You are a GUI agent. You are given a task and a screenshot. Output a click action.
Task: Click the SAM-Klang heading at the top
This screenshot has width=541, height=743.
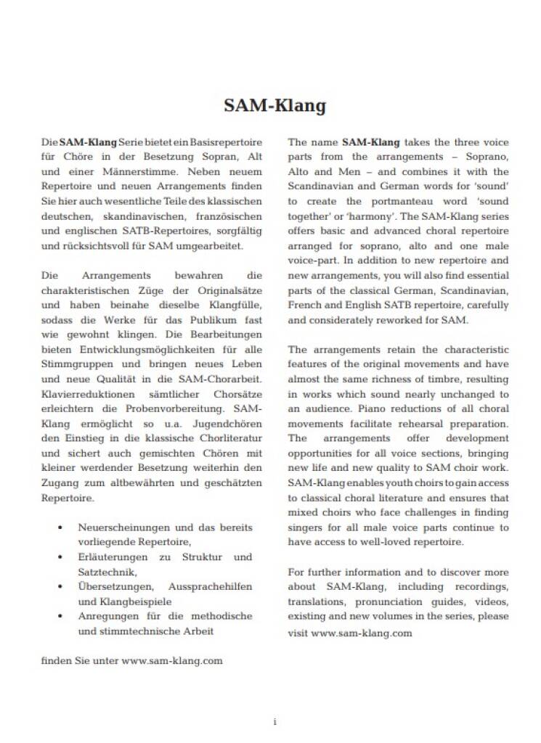[274, 106]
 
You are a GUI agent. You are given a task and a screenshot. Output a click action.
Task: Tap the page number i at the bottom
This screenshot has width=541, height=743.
[275, 721]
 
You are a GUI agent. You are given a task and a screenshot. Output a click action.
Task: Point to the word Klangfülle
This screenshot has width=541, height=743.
[235, 305]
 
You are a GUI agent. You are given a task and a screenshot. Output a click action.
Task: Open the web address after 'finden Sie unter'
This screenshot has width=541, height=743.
[172, 661]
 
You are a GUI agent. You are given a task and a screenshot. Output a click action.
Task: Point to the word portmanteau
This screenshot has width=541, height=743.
[401, 201]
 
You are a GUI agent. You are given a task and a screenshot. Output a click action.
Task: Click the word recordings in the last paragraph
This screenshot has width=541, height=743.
[483, 587]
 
